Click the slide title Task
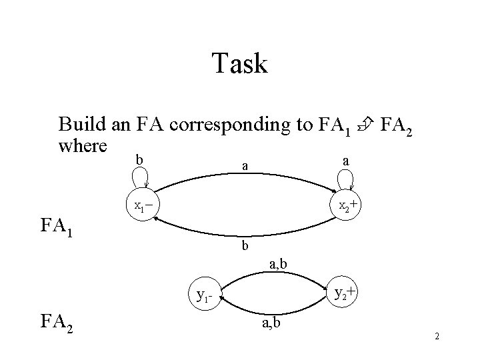click(240, 64)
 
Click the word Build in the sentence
click(79, 124)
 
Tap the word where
click(83, 144)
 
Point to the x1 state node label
click(142, 207)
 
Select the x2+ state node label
click(350, 206)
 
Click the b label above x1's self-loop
click(139, 159)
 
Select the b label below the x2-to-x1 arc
click(245, 246)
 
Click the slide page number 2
click(437, 336)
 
